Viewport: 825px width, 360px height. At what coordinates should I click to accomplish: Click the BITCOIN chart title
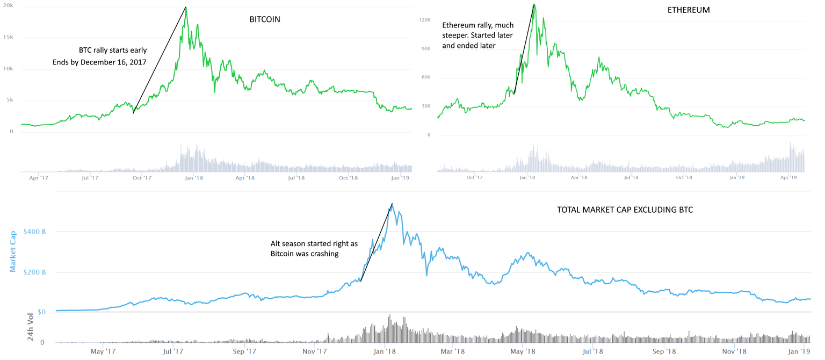[265, 19]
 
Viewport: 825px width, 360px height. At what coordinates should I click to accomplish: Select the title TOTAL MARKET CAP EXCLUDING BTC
[625, 210]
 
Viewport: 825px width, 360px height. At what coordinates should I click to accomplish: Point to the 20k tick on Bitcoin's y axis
[9, 6]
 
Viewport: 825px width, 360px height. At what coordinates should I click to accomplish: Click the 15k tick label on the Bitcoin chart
[9, 37]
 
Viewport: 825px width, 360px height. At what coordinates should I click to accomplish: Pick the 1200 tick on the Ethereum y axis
[425, 20]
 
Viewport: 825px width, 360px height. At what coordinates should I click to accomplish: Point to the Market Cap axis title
[13, 251]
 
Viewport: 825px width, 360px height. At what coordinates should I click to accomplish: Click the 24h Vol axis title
[31, 327]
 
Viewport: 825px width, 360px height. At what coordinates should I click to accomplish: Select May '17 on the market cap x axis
[103, 351]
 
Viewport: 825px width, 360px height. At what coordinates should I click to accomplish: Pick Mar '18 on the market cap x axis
[452, 351]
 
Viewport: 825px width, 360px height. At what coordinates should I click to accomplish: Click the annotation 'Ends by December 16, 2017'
[99, 62]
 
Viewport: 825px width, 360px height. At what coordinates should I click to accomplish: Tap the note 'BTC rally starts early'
[113, 50]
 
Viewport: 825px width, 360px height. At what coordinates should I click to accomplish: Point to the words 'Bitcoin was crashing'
[305, 254]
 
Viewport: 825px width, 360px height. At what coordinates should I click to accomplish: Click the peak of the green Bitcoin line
[186, 8]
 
